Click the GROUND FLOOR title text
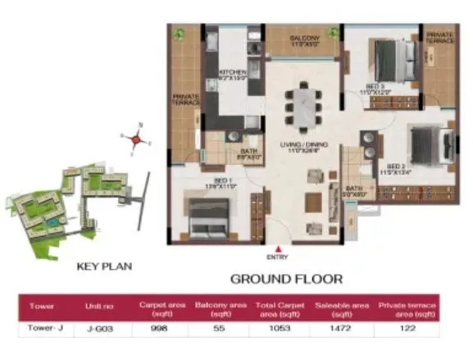tap(285, 279)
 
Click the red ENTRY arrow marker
tap(280, 248)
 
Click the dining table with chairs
tap(302, 104)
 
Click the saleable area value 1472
tap(333, 330)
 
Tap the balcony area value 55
tap(215, 330)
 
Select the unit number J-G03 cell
tap(97, 330)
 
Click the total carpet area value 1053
tap(273, 330)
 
